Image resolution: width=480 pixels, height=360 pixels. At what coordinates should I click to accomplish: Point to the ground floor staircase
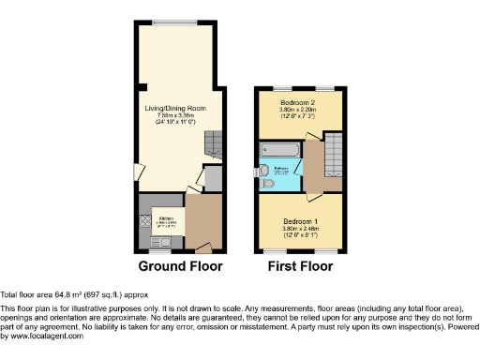[x=214, y=143]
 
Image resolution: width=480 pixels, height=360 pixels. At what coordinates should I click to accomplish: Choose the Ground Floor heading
[x=180, y=266]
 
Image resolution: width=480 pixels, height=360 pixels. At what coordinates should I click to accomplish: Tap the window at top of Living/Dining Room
[x=175, y=22]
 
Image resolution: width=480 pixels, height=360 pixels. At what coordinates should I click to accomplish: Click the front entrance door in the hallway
[x=203, y=249]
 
